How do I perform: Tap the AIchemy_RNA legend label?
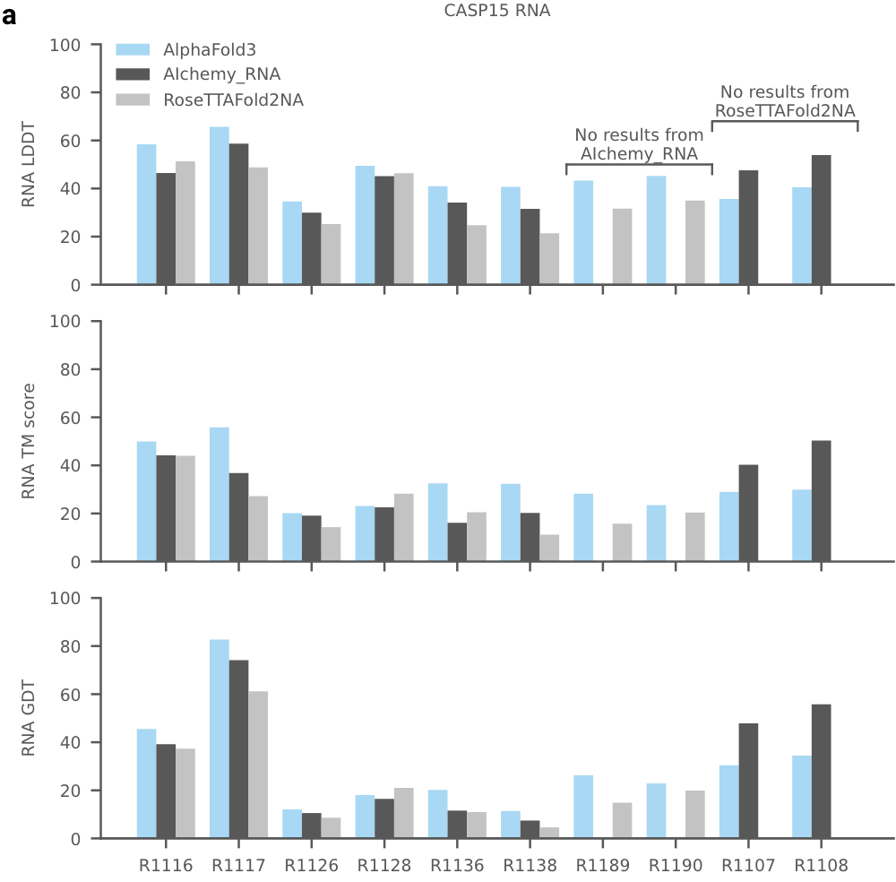click(222, 74)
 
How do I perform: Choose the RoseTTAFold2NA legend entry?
click(233, 100)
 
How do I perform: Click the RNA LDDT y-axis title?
click(29, 165)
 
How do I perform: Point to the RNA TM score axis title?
click(29, 441)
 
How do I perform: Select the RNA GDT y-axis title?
click(29, 718)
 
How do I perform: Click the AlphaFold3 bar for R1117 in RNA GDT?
click(220, 739)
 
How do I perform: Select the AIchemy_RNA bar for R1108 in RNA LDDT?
click(821, 220)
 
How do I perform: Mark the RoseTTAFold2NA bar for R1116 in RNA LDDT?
click(185, 223)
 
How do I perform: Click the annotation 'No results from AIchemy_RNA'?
click(639, 144)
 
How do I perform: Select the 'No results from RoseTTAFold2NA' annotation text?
click(785, 100)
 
